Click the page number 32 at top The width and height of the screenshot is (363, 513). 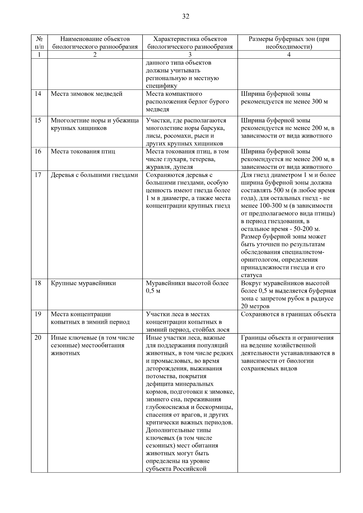pyautogui.click(x=185, y=17)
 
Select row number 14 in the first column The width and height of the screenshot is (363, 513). pyautogui.click(x=38, y=94)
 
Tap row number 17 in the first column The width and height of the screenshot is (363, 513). pyautogui.click(x=38, y=175)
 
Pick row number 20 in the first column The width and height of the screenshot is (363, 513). pyautogui.click(x=38, y=338)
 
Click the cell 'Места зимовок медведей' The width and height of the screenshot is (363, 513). pyautogui.click(x=87, y=94)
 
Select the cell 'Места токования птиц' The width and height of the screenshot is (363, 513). pyautogui.click(x=83, y=151)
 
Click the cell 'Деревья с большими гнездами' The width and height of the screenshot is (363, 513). pyautogui.click(x=94, y=175)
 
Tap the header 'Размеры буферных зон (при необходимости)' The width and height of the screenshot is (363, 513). pyautogui.click(x=289, y=43)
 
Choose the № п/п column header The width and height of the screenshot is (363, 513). pyautogui.click(x=39, y=43)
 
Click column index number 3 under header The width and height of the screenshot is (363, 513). pyautogui.click(x=190, y=55)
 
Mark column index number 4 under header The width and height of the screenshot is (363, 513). pyautogui.click(x=289, y=55)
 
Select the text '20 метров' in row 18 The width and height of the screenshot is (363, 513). pyautogui.click(x=255, y=306)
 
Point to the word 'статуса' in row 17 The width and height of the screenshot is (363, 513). pyautogui.click(x=251, y=275)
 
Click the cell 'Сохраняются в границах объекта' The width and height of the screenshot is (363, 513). pyautogui.click(x=288, y=314)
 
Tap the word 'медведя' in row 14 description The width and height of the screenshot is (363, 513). pyautogui.click(x=157, y=109)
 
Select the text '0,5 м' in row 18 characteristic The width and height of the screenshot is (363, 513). pyautogui.click(x=153, y=291)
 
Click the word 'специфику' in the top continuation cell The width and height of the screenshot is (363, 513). pyautogui.click(x=162, y=86)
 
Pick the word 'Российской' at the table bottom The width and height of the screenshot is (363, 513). pyautogui.click(x=190, y=469)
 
